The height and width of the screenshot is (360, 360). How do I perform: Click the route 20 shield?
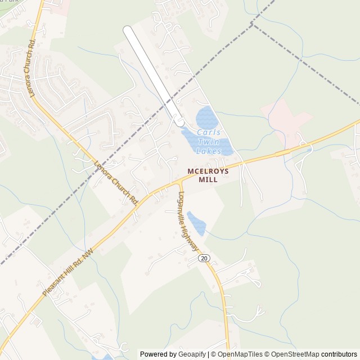pos(204,258)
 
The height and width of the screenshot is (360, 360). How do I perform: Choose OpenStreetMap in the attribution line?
pos(296,354)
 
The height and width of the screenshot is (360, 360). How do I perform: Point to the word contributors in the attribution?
pos(339,354)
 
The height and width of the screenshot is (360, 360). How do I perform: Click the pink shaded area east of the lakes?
pos(290,121)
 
